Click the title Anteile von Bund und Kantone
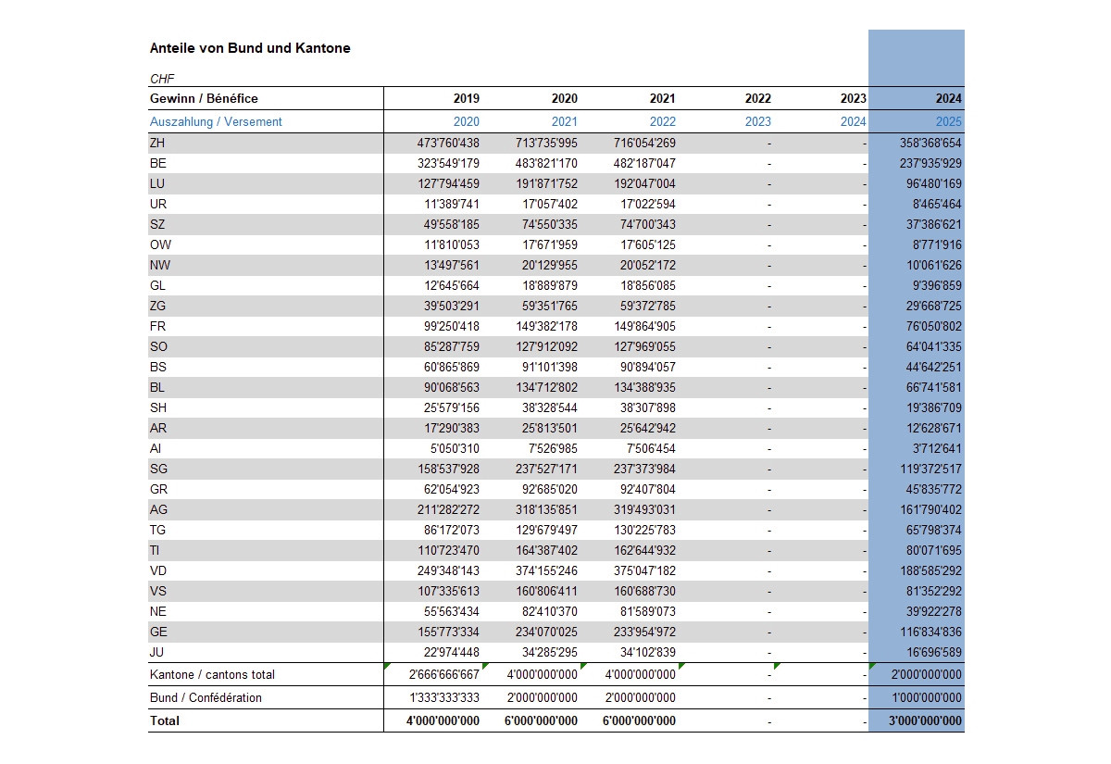250,48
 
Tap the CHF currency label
162,79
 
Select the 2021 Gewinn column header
663,98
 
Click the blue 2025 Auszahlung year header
948,121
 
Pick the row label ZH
157,143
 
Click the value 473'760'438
448,143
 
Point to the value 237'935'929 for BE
930,163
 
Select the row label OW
160,244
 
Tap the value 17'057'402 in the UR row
550,204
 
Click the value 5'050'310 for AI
455,448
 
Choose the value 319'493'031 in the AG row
644,509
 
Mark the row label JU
156,652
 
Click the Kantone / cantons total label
212,675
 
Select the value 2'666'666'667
444,675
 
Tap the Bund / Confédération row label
206,697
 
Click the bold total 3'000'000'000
925,720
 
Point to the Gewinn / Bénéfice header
204,98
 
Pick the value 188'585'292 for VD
931,570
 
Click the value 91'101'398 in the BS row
546,367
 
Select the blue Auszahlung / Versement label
216,121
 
